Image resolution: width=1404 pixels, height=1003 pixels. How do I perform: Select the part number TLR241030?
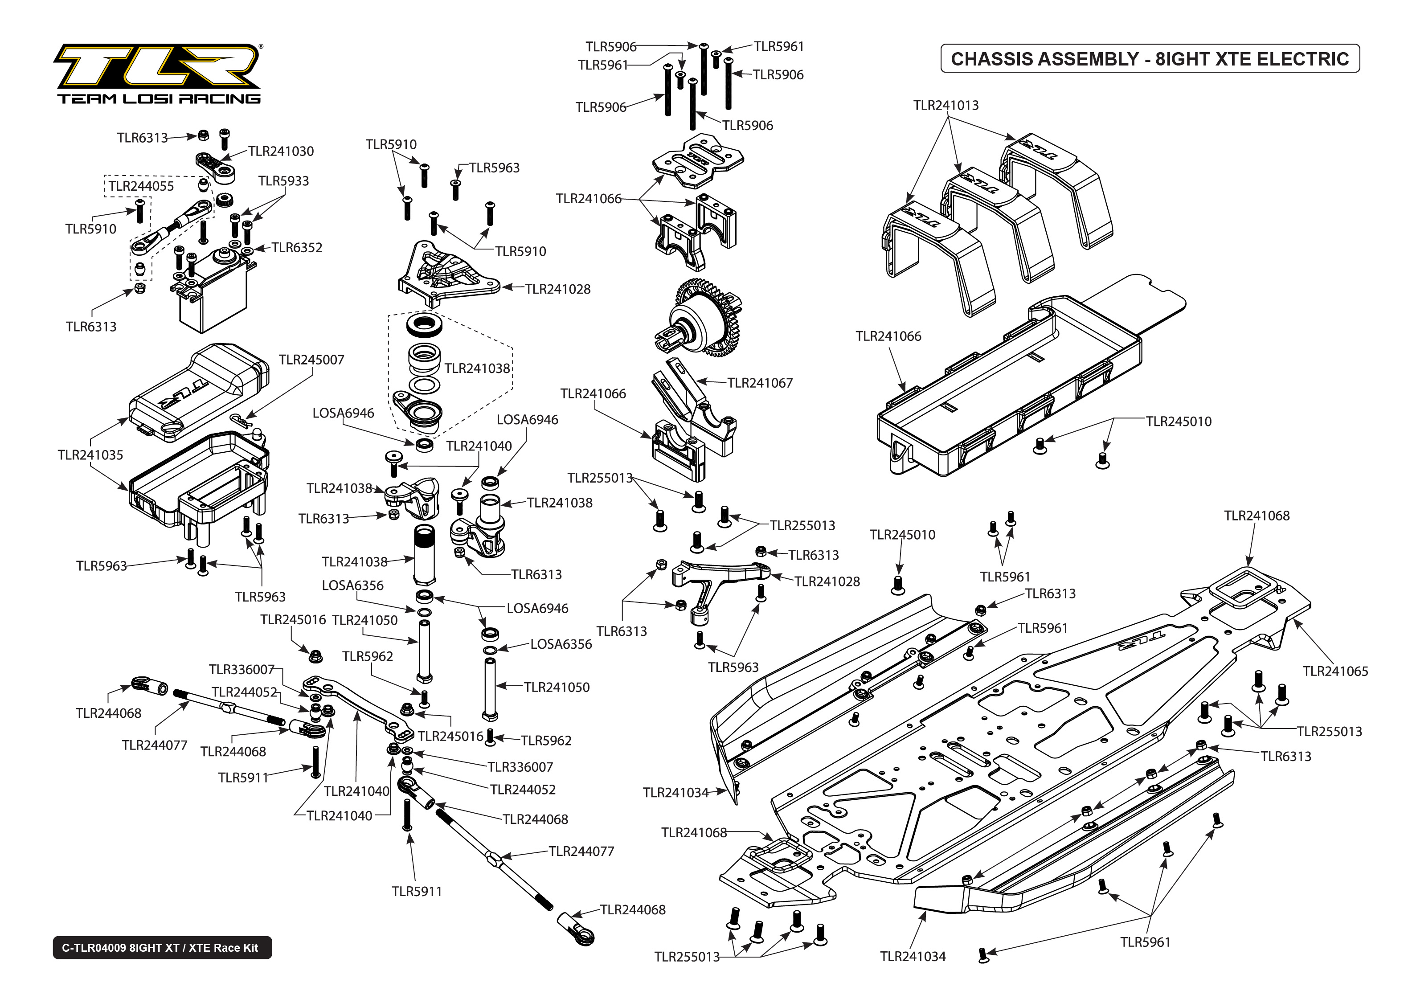click(281, 151)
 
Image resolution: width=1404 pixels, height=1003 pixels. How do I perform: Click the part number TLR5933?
click(283, 181)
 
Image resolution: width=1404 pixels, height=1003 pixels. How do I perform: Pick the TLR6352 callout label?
click(297, 248)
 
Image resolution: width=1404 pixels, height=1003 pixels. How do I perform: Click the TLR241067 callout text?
click(760, 383)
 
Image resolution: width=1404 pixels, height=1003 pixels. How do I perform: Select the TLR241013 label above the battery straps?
click(946, 106)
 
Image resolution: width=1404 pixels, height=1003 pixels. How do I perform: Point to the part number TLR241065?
click(1335, 671)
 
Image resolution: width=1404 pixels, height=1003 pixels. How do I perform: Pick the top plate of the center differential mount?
click(698, 160)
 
